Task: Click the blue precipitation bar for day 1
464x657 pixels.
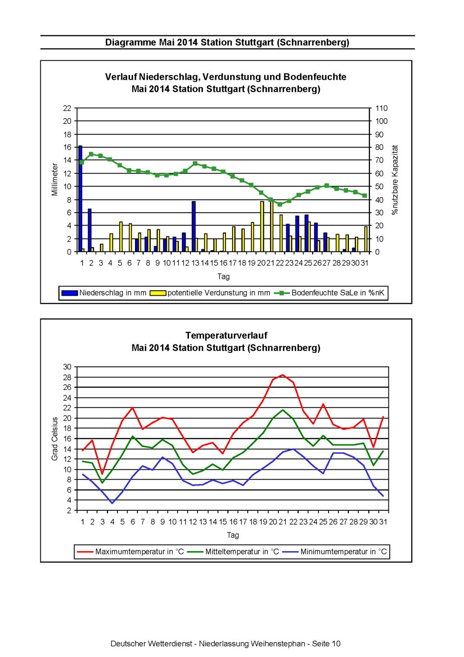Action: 80,199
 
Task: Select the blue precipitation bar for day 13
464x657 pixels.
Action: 193,227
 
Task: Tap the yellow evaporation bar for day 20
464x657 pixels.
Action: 262,227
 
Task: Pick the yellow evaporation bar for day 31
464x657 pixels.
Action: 366,239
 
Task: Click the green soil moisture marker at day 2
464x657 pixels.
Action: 91,154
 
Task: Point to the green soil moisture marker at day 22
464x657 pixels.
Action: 280,204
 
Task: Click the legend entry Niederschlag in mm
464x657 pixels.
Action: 104,293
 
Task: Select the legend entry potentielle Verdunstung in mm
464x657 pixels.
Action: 210,293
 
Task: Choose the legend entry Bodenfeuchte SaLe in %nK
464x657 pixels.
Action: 329,293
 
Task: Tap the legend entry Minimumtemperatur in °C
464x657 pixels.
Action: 335,552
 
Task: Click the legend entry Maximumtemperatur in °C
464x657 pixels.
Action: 130,552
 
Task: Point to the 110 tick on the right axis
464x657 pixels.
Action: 381,108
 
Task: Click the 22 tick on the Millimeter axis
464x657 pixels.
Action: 67,108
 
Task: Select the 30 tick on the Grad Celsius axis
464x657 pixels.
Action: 67,367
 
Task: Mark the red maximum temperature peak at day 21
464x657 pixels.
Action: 283,375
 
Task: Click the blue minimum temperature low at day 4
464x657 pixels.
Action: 112,503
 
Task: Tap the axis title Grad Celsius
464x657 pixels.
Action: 54,439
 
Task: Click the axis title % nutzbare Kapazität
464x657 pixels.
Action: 395,180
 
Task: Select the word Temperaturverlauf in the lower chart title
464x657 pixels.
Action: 226,335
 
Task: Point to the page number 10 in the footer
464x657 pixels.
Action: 336,644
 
